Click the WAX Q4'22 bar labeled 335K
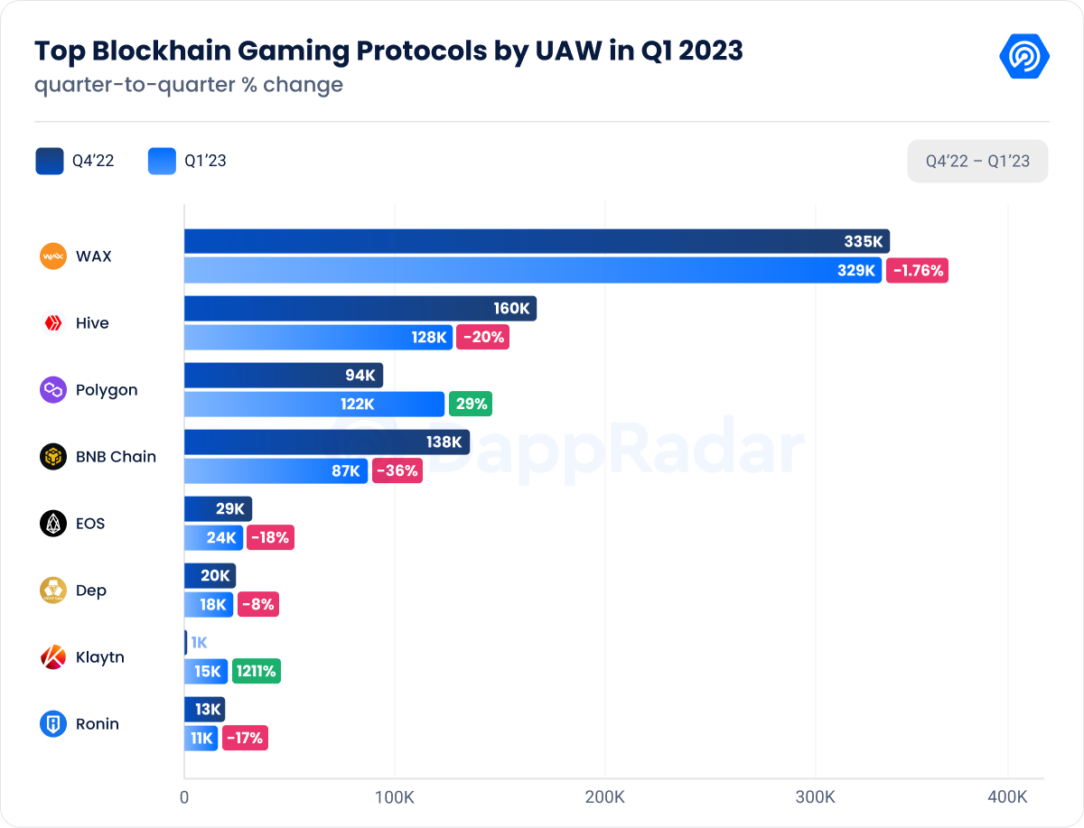click(537, 241)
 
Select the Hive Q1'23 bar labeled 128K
click(318, 337)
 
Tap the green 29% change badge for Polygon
click(472, 404)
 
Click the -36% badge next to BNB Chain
click(397, 470)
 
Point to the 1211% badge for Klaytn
click(256, 671)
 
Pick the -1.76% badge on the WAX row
click(916, 270)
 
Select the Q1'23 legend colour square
click(162, 162)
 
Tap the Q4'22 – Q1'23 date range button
click(977, 162)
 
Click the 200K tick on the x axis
click(604, 797)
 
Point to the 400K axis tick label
click(1007, 797)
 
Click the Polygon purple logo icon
click(53, 390)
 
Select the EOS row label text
click(90, 524)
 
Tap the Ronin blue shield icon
click(53, 724)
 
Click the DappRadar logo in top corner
click(1023, 56)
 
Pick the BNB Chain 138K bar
click(326, 442)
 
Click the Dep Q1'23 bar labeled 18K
click(209, 604)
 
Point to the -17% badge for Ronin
click(245, 738)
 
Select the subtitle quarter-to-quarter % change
click(189, 85)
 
